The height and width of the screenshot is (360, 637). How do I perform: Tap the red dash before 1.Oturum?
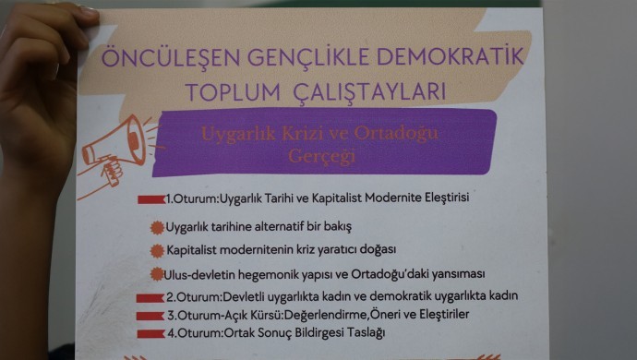coord(150,199)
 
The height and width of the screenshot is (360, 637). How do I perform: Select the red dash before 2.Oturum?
coord(150,297)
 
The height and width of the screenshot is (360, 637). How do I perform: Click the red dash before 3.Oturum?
coord(150,316)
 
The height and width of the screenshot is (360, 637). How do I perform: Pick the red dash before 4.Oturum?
coord(150,332)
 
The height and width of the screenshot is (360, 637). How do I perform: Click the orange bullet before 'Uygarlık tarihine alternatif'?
coord(158,226)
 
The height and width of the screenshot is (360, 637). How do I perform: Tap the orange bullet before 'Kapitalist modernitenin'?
coord(158,250)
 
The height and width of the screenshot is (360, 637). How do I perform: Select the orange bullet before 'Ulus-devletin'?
coord(158,274)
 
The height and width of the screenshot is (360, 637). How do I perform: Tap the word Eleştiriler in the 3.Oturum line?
coord(439,315)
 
